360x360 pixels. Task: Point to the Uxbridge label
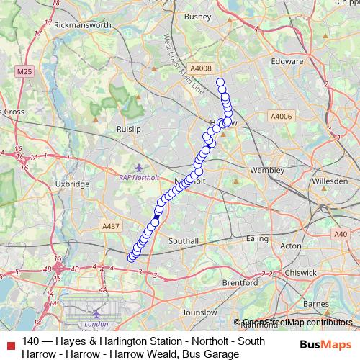coord(72,184)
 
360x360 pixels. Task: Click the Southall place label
coord(184,240)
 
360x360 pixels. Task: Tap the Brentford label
coord(238,284)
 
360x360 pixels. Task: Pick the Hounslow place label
coord(198,313)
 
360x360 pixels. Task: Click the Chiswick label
coord(299,273)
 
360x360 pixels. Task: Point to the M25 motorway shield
coord(24,71)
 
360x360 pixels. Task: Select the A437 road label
coord(111,226)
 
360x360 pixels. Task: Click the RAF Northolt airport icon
coord(129,168)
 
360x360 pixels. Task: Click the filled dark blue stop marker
coord(156,217)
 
